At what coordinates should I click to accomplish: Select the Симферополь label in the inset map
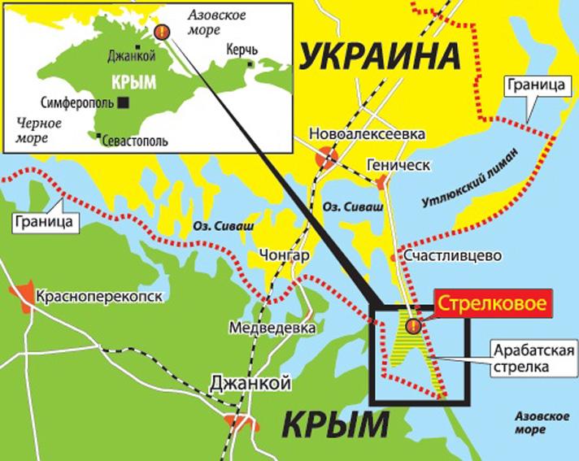(77, 102)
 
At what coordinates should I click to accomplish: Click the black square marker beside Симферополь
(123, 102)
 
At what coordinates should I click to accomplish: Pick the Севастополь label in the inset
(137, 141)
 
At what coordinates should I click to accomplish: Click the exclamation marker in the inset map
(162, 33)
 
